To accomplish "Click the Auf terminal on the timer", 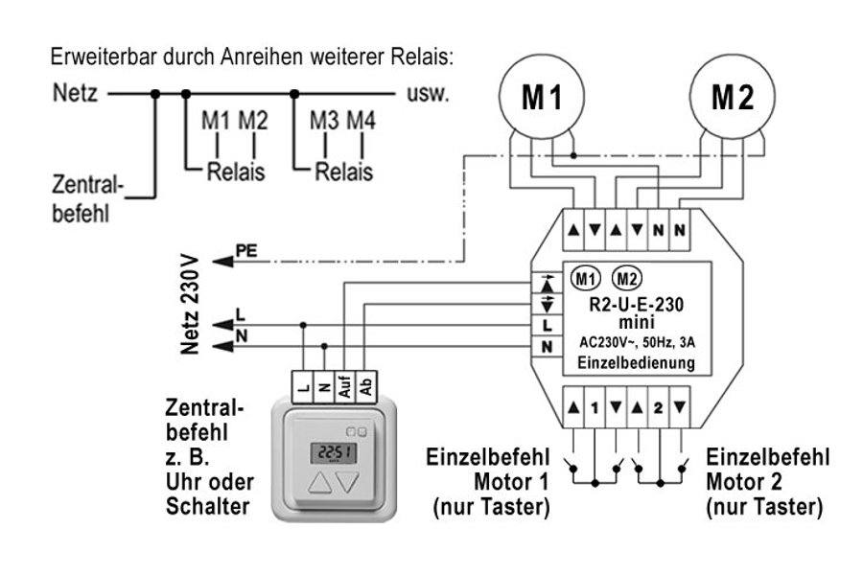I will click(x=344, y=385).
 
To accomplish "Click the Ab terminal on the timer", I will click(x=365, y=385).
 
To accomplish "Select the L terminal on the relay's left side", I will click(x=547, y=325).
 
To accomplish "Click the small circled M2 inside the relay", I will click(x=627, y=279).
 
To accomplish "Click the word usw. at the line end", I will click(x=428, y=95).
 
